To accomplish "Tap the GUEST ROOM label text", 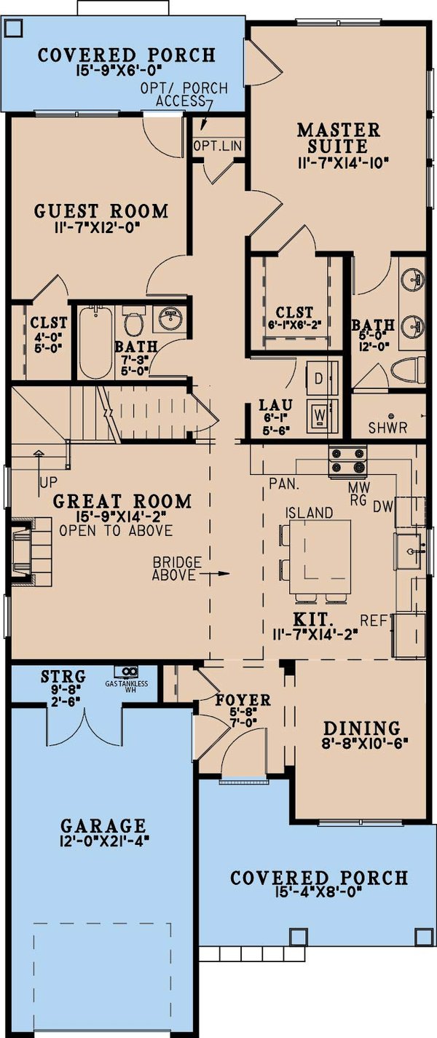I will pyautogui.click(x=101, y=211).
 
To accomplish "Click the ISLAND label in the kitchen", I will pyautogui.click(x=310, y=513).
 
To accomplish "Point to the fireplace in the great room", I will pyautogui.click(x=23, y=553).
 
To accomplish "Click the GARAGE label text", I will pyautogui.click(x=103, y=825).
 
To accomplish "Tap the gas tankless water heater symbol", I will pyautogui.click(x=131, y=671).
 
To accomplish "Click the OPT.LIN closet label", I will pyautogui.click(x=219, y=146).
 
